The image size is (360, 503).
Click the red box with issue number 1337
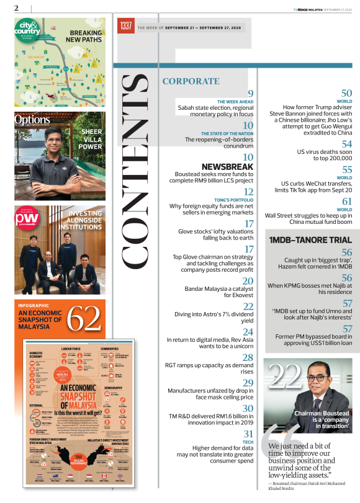(x=125, y=27)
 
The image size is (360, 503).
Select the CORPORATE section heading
(x=191, y=81)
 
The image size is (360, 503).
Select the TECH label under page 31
(x=248, y=442)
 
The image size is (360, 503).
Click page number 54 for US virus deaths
(x=346, y=144)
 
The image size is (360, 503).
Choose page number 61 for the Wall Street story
(x=346, y=202)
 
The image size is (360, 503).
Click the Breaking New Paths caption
(x=86, y=36)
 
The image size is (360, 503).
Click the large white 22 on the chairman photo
(x=285, y=374)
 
